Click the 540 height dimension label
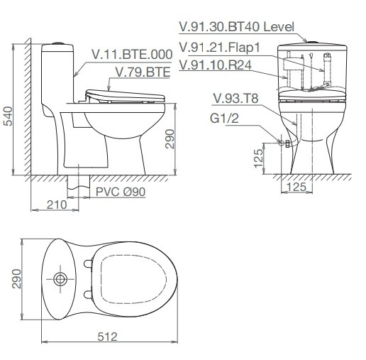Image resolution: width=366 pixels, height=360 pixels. (x=9, y=116)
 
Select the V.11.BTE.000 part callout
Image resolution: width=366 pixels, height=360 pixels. (x=132, y=55)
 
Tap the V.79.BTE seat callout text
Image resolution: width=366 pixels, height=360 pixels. (x=143, y=72)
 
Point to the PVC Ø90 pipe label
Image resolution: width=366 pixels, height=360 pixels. (x=121, y=192)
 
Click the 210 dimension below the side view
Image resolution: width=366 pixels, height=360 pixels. (x=57, y=204)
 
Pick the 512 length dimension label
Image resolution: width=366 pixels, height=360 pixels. (x=108, y=337)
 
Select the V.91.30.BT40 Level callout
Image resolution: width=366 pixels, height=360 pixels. (x=237, y=27)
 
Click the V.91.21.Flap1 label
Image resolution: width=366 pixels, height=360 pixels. (x=220, y=48)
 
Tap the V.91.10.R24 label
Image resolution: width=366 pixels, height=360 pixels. (x=215, y=65)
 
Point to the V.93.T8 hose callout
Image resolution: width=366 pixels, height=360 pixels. (x=235, y=99)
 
